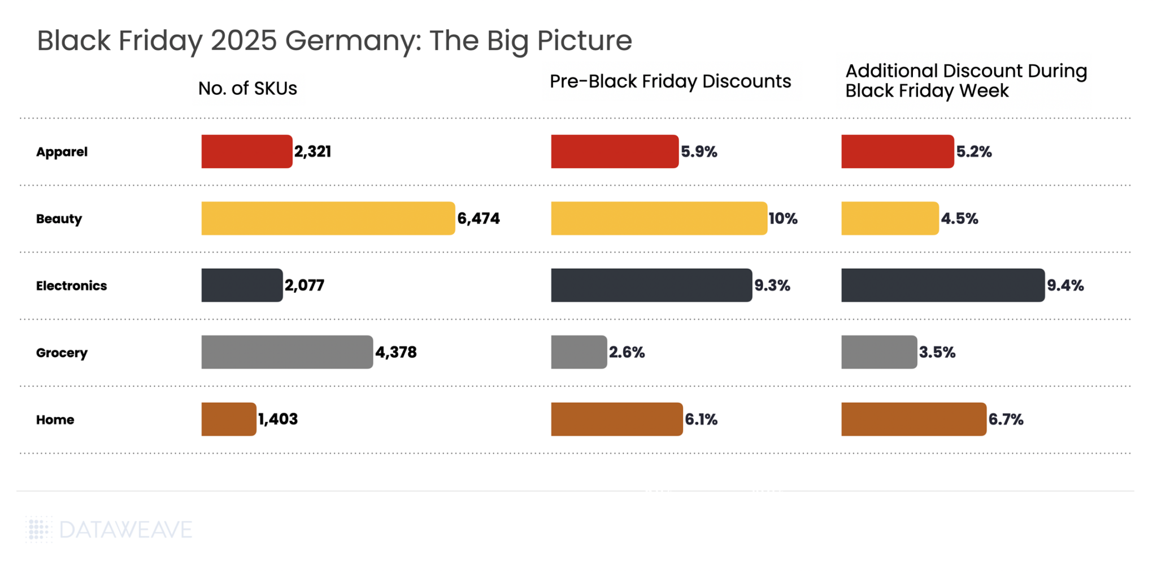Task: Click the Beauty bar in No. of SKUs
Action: point(328,219)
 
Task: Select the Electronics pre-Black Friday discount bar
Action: point(651,285)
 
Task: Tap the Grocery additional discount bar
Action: point(879,352)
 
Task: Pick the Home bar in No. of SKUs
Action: point(229,419)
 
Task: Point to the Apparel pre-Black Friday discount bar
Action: point(615,151)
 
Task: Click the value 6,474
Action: point(479,219)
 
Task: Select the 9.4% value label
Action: point(1065,286)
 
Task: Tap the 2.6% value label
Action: point(627,352)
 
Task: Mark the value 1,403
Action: point(278,419)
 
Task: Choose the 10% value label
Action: point(783,219)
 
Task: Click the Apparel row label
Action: point(62,152)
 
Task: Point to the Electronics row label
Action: point(71,286)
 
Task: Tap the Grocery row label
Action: point(62,353)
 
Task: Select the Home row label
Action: point(55,420)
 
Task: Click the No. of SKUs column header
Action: point(247,89)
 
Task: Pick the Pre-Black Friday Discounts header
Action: point(670,81)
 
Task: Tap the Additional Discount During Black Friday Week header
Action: point(965,81)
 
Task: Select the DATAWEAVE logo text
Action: point(125,530)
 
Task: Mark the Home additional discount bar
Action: point(914,419)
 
